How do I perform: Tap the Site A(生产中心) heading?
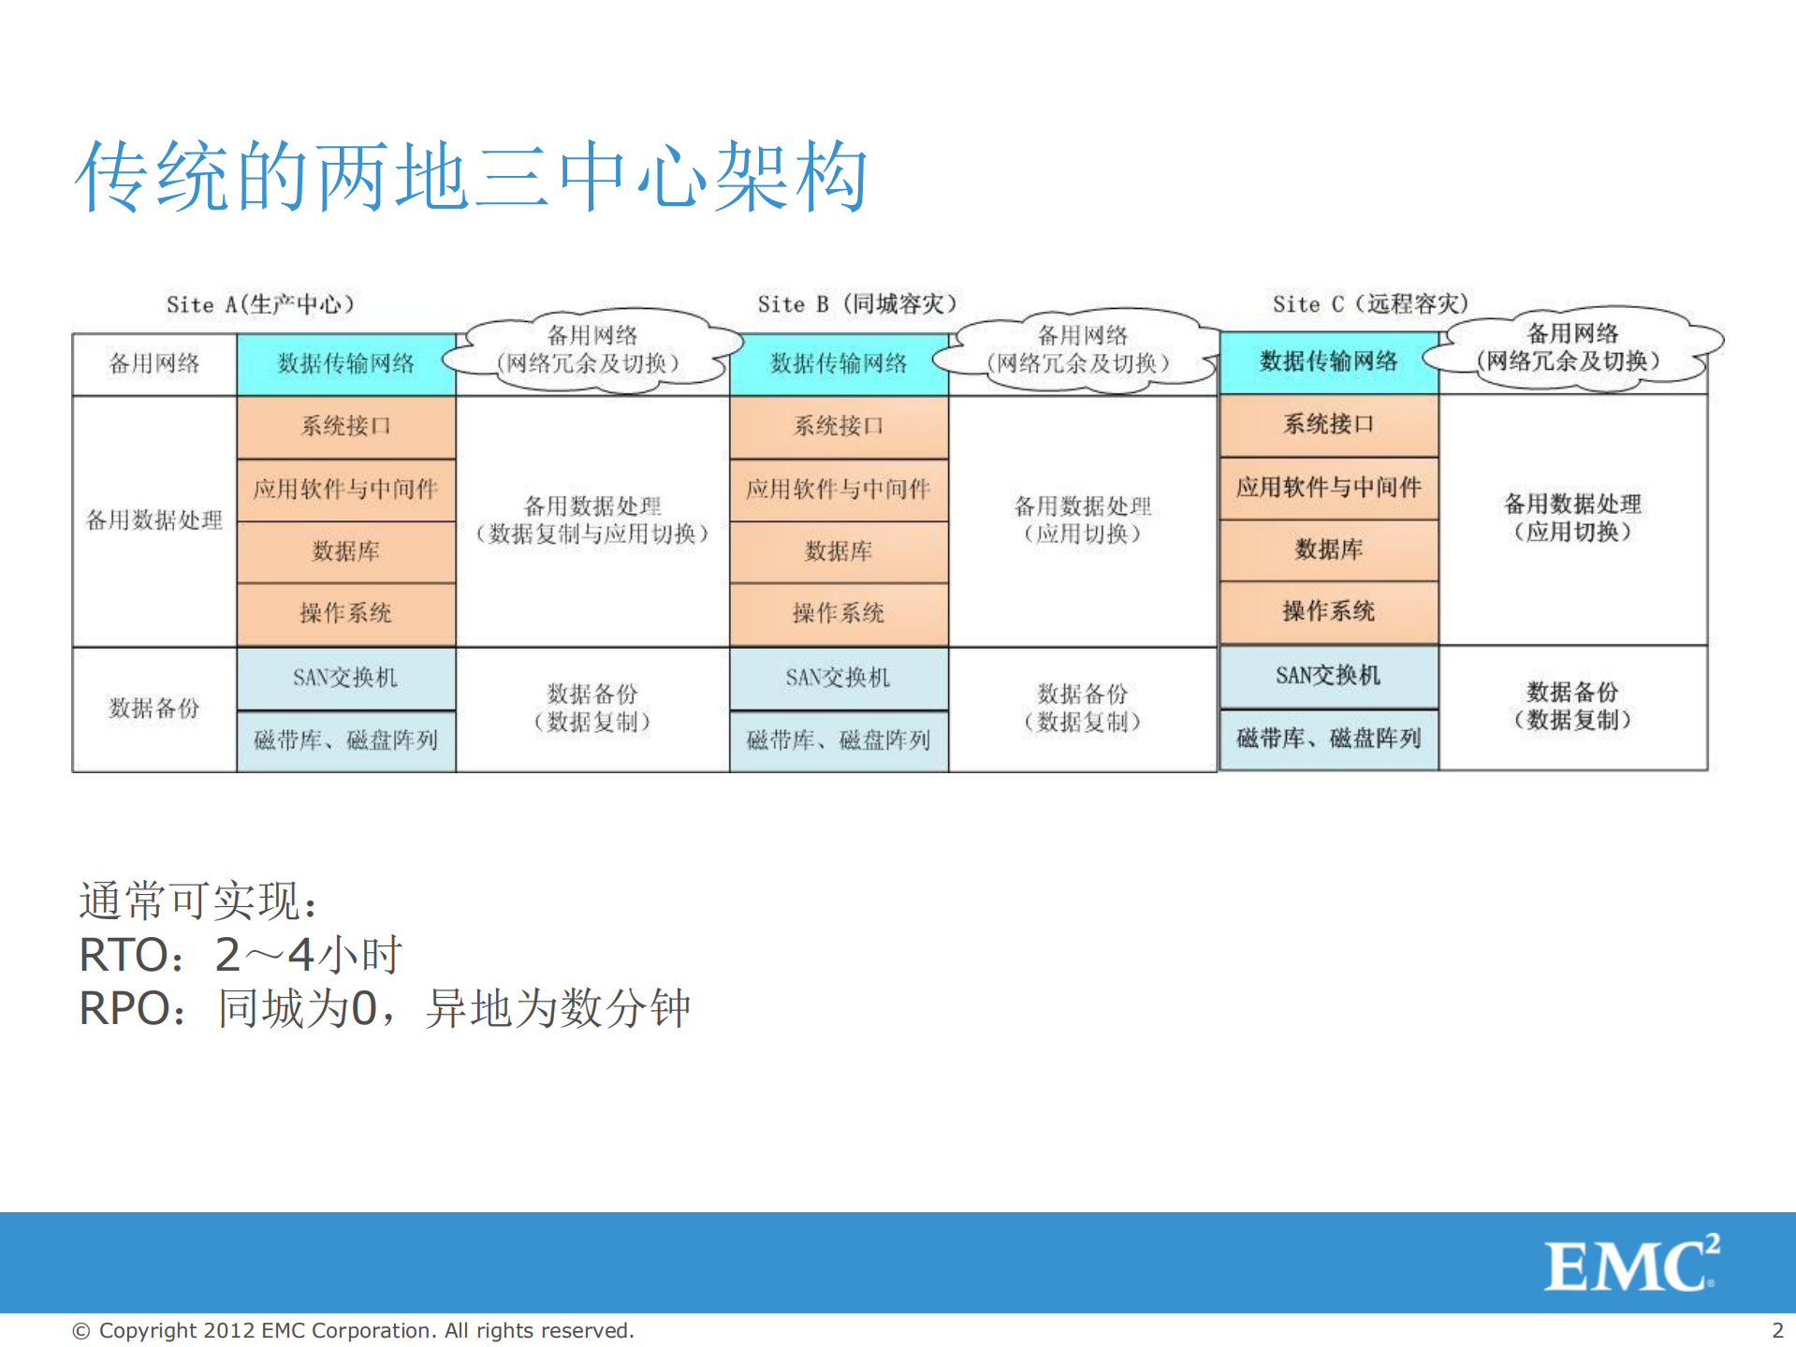259,304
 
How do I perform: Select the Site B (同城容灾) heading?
856,303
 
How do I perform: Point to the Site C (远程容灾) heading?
1369,303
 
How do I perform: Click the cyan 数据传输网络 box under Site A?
345,363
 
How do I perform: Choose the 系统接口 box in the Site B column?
839,426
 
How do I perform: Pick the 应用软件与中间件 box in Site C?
1328,487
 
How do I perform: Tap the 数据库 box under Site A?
345,550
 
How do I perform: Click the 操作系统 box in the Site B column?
839,613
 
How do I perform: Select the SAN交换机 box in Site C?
1328,675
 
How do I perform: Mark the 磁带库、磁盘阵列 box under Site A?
345,740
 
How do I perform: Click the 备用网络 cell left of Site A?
153,363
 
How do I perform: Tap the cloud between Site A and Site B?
591,350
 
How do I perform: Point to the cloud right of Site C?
1572,348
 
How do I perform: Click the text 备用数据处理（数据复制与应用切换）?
591,520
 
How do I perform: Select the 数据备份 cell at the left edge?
153,709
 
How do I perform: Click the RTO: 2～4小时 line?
240,955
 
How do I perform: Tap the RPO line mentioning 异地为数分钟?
384,1009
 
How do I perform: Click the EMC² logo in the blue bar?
1629,1265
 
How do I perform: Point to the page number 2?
1776,1330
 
